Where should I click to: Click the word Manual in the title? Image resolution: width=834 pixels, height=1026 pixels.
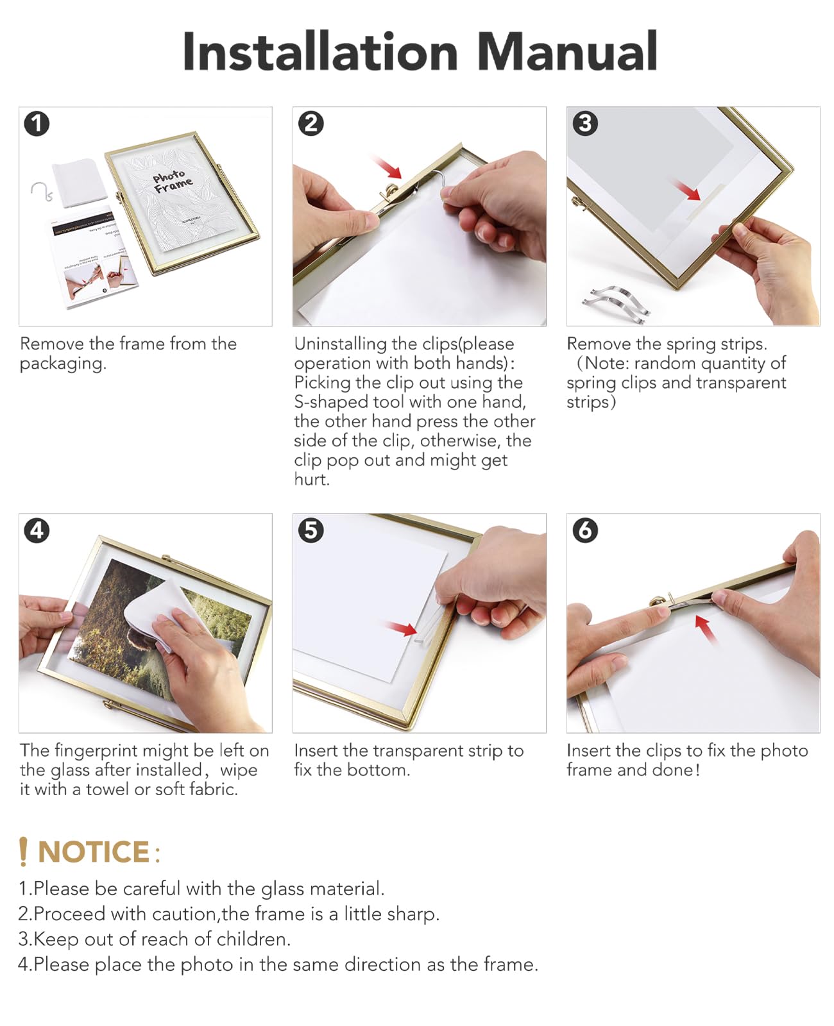click(x=567, y=51)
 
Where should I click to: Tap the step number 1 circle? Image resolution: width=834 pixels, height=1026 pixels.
click(x=37, y=123)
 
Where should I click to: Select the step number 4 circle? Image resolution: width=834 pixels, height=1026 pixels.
click(x=37, y=530)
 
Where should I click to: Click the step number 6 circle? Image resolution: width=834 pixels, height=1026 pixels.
click(x=584, y=530)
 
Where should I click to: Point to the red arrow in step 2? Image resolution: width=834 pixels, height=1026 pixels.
click(x=388, y=167)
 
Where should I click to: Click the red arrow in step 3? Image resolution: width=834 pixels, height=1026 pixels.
click(x=686, y=190)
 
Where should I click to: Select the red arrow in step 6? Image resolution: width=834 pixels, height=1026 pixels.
click(x=705, y=628)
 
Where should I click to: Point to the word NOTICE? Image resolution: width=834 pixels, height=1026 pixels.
click(x=94, y=852)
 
